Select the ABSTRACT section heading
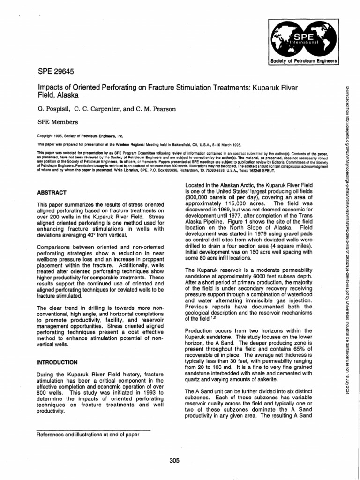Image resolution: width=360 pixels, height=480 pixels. coord(51,193)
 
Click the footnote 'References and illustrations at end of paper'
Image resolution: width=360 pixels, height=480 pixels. coord(88,434)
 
